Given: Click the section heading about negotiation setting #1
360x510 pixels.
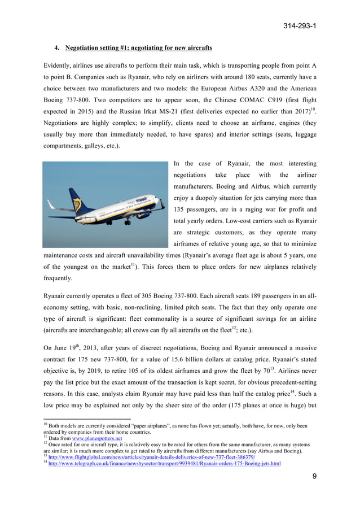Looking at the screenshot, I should [x=138, y=47].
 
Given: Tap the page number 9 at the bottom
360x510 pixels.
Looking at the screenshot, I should [x=314, y=477].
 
